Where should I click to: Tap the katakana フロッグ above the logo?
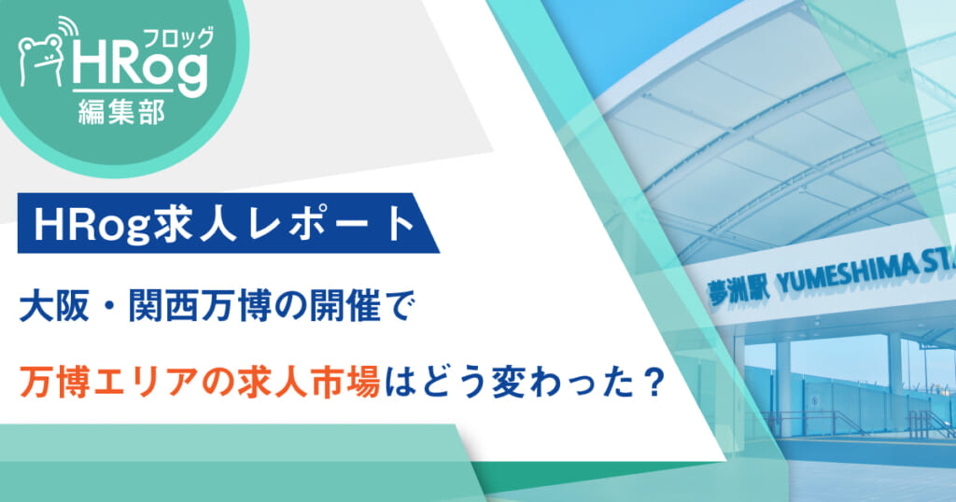(178, 37)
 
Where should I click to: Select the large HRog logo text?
(140, 67)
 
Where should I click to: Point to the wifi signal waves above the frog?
(67, 28)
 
